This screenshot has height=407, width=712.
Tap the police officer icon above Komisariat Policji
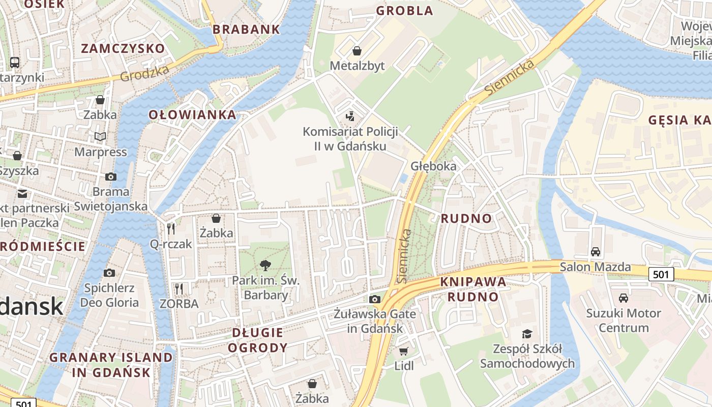click(x=349, y=117)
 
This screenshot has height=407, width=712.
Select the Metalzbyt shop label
click(x=357, y=66)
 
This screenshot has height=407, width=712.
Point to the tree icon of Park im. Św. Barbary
click(x=265, y=265)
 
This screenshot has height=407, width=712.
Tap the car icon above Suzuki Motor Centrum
click(x=623, y=298)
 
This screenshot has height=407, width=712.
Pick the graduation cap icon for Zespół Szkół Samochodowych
click(x=527, y=334)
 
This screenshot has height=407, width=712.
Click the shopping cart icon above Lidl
click(x=404, y=351)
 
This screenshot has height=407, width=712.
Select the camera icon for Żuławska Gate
click(x=375, y=299)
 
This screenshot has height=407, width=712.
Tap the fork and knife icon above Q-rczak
click(x=171, y=229)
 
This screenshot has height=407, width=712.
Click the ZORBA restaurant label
click(x=179, y=304)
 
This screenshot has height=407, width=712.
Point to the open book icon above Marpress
click(x=100, y=136)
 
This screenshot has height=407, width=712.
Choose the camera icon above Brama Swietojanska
click(x=110, y=177)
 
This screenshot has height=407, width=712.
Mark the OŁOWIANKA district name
click(x=192, y=114)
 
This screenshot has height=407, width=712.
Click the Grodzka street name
click(x=145, y=74)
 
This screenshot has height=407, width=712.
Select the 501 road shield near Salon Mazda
click(x=661, y=274)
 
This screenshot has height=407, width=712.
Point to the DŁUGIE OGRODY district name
click(x=257, y=340)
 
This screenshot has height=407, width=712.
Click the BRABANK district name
click(x=246, y=29)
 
